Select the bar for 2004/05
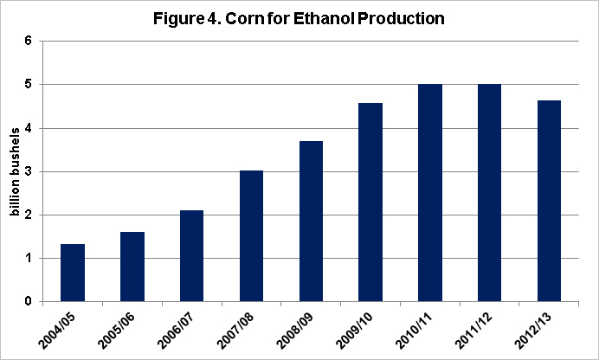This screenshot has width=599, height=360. pos(73,273)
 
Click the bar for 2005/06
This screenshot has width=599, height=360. pos(132,267)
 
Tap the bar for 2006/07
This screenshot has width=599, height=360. pos(192,256)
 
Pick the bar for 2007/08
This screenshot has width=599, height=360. pos(251,236)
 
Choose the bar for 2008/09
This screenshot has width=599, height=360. pos(311,222)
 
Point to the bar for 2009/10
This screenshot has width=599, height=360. pos(370,202)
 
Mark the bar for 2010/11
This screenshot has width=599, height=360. pos(430,193)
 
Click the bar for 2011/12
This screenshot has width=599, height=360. pos(489,193)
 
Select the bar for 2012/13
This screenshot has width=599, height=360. pos(549,201)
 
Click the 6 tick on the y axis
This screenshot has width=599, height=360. pos(29,41)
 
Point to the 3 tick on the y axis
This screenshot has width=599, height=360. pos(29,171)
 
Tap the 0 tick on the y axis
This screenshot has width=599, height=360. pos(29,301)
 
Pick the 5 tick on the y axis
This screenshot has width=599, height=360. pos(29,84)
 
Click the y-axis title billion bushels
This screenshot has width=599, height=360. pos(15,172)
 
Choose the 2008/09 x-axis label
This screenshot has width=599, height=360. pos(294,331)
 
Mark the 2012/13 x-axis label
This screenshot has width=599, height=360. pos(533,331)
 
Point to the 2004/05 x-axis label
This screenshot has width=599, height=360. pos(56,331)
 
